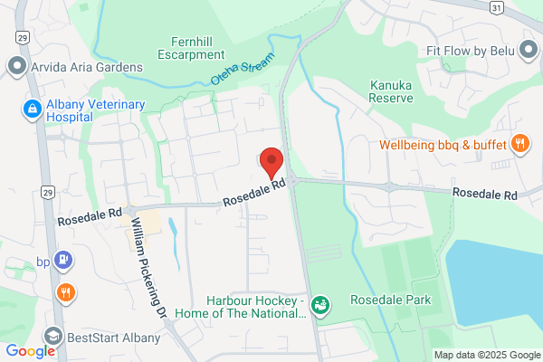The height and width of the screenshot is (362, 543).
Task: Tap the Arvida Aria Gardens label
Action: (88, 67)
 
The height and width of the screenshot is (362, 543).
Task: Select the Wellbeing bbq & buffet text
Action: (442, 144)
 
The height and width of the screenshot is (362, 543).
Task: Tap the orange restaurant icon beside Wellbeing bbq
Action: (519, 143)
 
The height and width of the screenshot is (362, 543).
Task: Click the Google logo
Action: (30, 351)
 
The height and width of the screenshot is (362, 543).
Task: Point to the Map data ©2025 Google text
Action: (486, 354)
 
